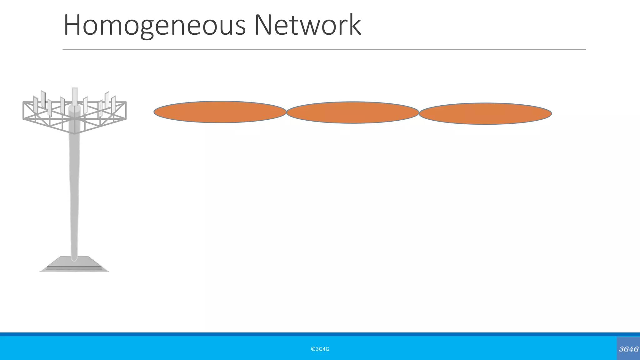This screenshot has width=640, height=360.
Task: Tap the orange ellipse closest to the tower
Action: point(220,112)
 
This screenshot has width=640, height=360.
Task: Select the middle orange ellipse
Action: point(352,112)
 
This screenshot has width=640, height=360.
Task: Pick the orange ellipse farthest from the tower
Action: point(485,114)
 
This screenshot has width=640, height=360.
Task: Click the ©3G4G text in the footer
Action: point(320,349)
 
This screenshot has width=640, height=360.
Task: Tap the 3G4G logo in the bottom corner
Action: point(628,349)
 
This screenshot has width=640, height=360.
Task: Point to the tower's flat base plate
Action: point(74,264)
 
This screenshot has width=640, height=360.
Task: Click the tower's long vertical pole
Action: point(74,194)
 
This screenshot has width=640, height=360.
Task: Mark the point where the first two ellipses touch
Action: point(287,112)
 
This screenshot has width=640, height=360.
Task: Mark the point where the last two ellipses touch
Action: point(419,113)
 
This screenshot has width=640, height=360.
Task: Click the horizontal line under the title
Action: point(324,49)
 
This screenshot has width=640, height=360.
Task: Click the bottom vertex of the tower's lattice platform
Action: point(74,133)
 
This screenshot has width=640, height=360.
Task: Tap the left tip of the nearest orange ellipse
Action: point(154,112)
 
